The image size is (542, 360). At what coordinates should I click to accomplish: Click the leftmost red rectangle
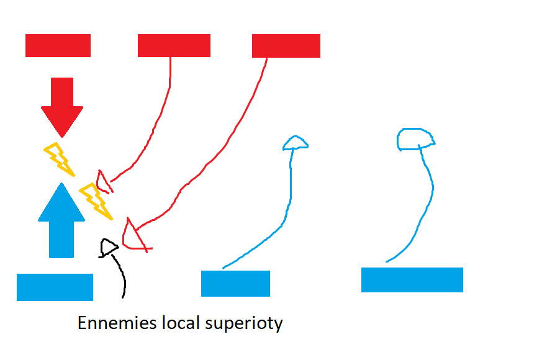point(58,45)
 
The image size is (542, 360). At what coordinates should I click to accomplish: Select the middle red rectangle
point(174,45)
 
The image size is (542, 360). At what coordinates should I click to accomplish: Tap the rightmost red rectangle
point(286,45)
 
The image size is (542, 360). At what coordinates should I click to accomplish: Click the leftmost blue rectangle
point(55,287)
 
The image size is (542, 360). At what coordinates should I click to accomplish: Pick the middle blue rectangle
point(235,284)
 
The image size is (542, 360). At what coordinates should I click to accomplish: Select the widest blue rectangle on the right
point(412,279)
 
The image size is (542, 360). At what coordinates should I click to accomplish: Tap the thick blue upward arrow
point(61,220)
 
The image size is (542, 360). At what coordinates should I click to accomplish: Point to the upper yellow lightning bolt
point(59,158)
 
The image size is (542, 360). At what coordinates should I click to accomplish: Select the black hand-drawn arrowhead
point(109,248)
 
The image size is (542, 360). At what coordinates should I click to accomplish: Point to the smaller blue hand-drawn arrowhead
point(295,143)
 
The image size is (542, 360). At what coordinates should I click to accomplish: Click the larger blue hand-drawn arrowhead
point(414,139)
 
